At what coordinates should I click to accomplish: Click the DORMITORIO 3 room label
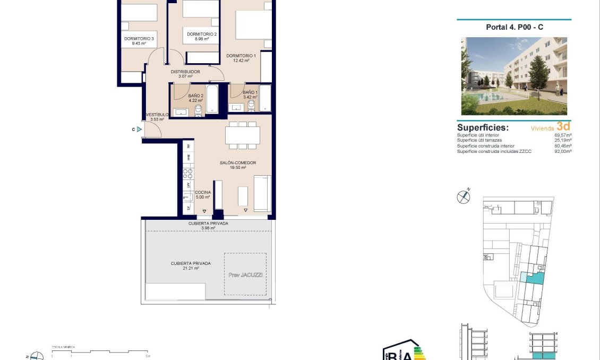click(139, 38)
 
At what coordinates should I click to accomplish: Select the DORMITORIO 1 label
click(241, 55)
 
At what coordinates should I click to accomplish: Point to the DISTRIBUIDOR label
click(185, 71)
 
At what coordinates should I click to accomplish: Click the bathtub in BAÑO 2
click(211, 99)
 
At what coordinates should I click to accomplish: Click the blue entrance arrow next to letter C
click(139, 129)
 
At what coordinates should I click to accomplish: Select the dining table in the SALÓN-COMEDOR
click(243, 135)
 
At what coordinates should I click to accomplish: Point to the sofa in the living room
click(262, 194)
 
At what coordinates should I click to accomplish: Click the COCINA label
click(203, 192)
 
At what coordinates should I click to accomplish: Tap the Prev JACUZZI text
click(245, 275)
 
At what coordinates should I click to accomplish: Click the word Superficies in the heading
click(483, 127)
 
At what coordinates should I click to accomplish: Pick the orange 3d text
click(563, 126)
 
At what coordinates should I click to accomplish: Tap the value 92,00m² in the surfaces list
click(563, 152)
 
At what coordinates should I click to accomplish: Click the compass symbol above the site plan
click(464, 196)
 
